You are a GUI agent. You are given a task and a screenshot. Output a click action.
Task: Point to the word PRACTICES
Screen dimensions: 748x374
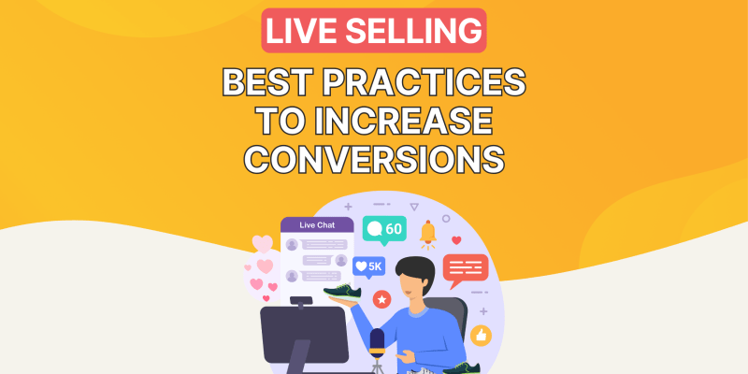[x=424, y=83]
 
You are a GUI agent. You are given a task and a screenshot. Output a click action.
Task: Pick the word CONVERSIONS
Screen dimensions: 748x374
[x=374, y=159]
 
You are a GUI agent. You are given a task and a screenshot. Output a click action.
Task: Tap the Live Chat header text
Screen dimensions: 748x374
[x=317, y=225]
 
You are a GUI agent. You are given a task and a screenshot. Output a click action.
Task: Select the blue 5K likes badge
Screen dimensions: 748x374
[x=368, y=267]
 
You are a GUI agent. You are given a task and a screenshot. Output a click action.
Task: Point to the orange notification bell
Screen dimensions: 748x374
[x=428, y=235]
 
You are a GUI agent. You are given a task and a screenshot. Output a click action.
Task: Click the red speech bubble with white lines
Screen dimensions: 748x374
[x=465, y=270]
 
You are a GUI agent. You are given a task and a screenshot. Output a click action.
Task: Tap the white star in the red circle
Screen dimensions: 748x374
[x=381, y=299]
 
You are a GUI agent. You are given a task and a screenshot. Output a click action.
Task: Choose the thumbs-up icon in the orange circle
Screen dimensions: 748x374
[x=481, y=336]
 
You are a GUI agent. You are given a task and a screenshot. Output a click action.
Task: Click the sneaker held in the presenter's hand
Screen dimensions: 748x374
[x=342, y=292]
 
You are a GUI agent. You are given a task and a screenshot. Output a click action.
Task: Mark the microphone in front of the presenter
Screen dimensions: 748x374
[x=377, y=343]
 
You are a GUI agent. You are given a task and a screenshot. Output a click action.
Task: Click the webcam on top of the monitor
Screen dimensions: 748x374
[x=301, y=301]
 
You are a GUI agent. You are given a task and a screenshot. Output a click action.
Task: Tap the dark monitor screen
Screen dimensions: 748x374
[x=305, y=335]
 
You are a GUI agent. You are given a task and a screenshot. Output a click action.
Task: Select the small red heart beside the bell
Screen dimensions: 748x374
[x=456, y=240]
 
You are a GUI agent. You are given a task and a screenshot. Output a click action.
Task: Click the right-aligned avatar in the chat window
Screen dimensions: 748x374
[x=340, y=261]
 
